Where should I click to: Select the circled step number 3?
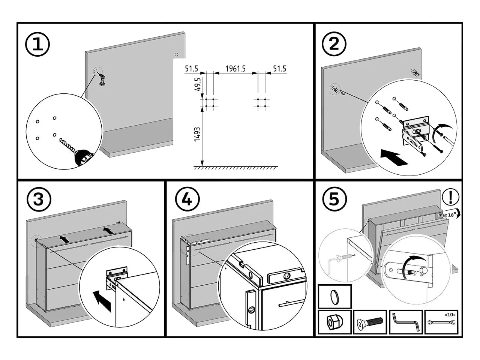coord(38,199)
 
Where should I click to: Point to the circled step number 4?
coord(186,199)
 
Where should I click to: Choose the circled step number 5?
coord(334,199)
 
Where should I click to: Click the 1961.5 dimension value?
coord(235,69)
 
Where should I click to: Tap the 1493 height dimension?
coord(198,134)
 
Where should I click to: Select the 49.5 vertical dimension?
coord(198,86)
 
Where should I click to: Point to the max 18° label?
coord(447,215)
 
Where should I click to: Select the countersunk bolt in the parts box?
coord(370,322)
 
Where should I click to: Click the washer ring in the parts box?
coord(334,297)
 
